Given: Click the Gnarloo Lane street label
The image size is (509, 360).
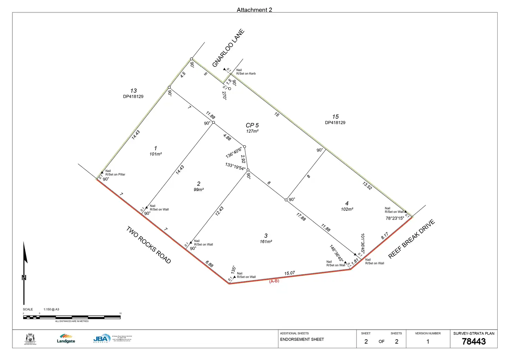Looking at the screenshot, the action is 228,48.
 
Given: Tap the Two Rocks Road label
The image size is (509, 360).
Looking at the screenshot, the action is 149,245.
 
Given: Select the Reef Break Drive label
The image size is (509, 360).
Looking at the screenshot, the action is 411,239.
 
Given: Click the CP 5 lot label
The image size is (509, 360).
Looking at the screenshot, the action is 252,125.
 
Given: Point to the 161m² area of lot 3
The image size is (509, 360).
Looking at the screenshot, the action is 266,242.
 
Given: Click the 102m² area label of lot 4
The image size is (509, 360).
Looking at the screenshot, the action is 347,209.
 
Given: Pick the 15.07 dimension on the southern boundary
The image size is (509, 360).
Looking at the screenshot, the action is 289,273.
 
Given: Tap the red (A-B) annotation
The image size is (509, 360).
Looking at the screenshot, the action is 274,281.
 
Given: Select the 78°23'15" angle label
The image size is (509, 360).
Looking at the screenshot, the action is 395,218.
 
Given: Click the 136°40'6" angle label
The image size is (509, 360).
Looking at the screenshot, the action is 234,153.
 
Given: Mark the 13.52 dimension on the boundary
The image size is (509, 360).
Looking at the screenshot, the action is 367,186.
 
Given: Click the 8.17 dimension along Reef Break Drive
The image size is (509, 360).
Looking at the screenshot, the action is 385,236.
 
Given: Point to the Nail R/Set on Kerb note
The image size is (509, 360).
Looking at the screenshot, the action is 246,72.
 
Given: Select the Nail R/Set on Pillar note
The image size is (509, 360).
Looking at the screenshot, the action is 115,173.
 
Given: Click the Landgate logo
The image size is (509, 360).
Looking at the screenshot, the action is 66,339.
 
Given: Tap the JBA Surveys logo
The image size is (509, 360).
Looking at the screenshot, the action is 102,339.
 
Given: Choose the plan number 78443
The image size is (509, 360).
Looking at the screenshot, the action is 474,342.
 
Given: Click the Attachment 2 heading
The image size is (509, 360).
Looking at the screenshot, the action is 254,10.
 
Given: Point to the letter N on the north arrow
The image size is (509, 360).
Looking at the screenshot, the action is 24,277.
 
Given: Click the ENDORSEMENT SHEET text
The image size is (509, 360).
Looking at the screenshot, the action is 302,340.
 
